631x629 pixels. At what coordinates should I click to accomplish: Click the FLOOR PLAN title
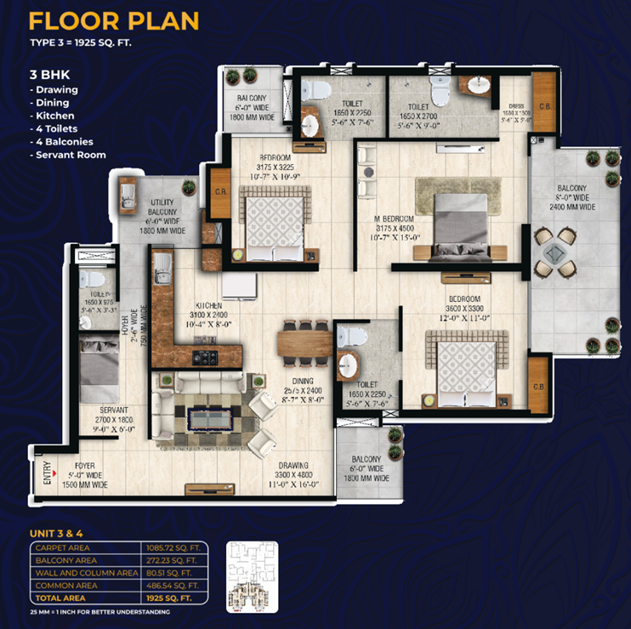pyautogui.click(x=114, y=20)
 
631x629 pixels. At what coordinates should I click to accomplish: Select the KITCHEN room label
pyautogui.click(x=207, y=304)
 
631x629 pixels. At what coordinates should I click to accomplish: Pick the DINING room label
pyautogui.click(x=302, y=381)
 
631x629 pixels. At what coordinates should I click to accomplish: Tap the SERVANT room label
pyautogui.click(x=113, y=409)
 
